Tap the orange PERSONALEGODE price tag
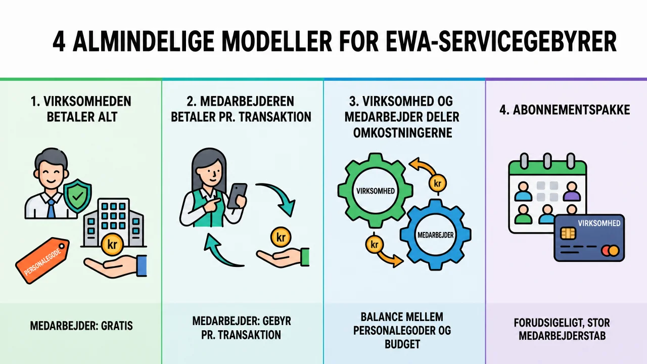coord(42,260)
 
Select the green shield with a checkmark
coord(78,196)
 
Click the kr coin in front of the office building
coord(112,244)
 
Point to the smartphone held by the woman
coord(237,196)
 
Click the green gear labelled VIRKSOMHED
coord(375,191)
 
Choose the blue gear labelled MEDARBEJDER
coord(436,235)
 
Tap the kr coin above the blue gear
coord(438,183)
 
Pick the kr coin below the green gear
coord(375,244)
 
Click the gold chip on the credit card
coord(568,234)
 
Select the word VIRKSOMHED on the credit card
coord(599,223)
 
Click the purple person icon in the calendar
coord(572,191)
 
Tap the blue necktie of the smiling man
coord(51,208)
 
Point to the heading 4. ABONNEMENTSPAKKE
coord(565,110)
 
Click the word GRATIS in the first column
coord(117,326)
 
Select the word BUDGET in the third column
coord(402,344)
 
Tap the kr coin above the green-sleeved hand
coord(281,237)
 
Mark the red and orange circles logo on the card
coord(610,250)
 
